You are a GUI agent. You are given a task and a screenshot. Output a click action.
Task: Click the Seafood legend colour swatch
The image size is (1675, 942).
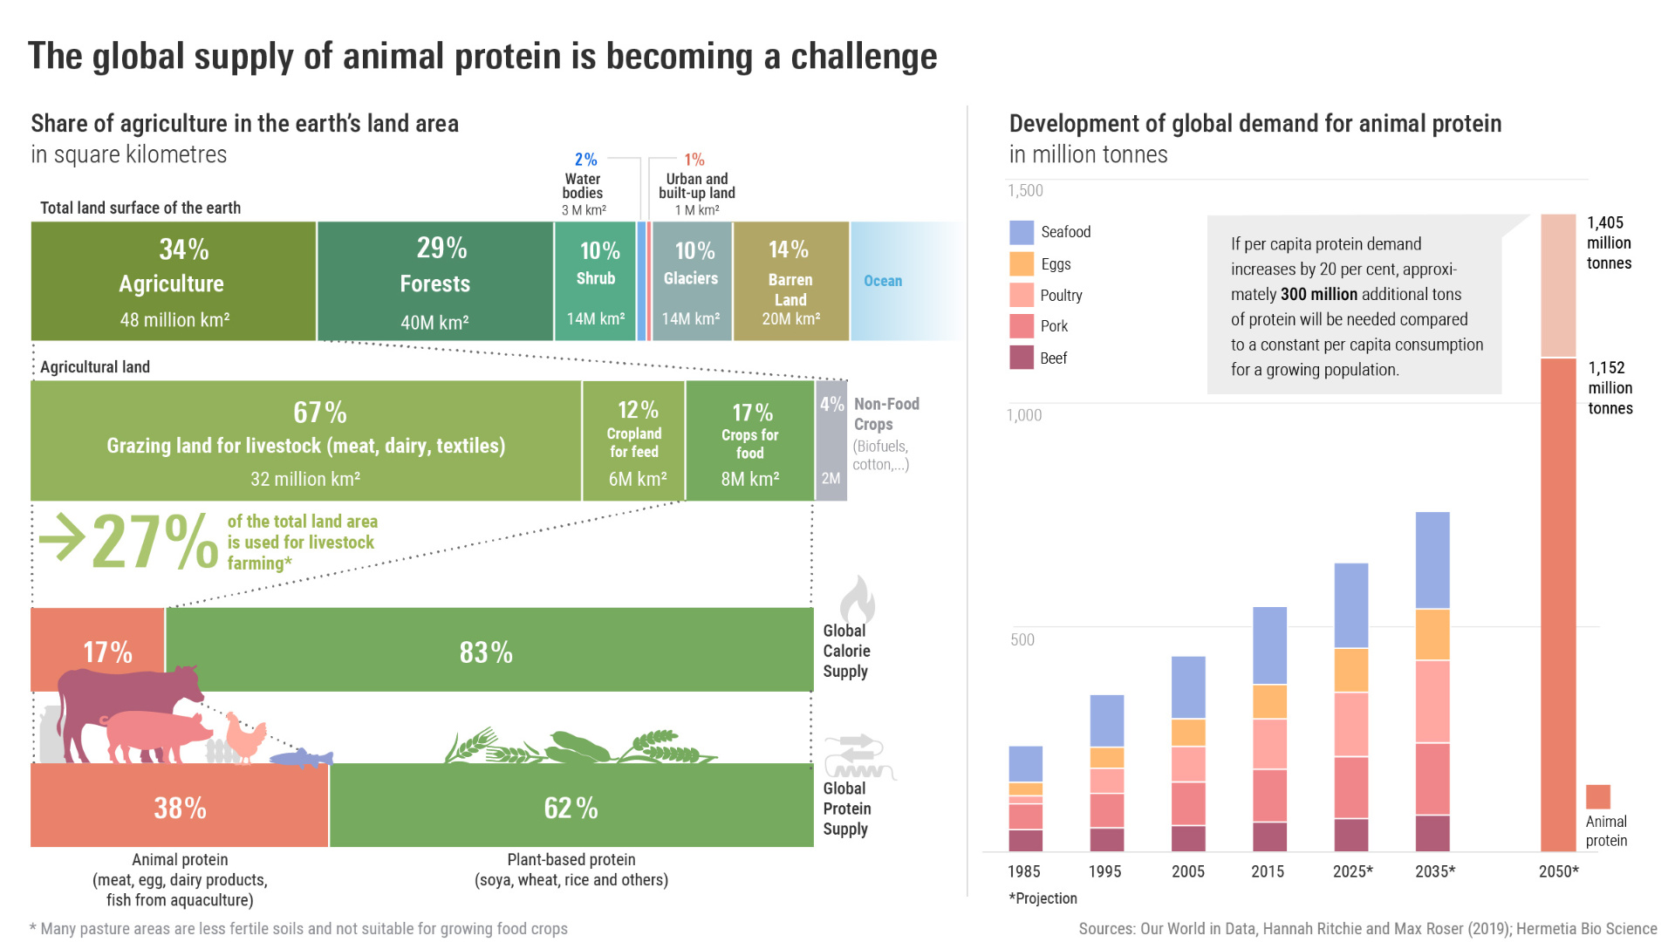pos(1022,232)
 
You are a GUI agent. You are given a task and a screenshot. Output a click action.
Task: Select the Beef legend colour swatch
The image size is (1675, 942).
pos(1022,358)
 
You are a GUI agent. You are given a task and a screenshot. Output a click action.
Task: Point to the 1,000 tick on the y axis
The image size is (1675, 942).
pos(1024,415)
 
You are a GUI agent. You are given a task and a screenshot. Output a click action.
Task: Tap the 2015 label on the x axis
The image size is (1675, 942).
pos(1268,871)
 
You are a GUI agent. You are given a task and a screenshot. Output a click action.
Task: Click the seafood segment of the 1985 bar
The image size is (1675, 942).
pos(1025,763)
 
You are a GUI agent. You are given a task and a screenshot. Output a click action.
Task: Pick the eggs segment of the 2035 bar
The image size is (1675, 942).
pos(1432,634)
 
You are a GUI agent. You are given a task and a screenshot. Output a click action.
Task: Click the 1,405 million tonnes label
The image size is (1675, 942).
pos(1609,242)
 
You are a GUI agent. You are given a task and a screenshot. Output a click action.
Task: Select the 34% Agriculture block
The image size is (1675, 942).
pos(173,281)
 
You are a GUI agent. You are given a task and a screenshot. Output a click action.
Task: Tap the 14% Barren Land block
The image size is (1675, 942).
pos(790,281)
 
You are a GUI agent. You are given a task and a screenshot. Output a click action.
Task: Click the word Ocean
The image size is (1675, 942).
pos(883,281)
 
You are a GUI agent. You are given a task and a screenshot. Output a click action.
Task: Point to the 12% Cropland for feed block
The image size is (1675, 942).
pos(634,440)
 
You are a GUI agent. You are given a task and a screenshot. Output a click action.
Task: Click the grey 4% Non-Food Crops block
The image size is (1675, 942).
pos(831,440)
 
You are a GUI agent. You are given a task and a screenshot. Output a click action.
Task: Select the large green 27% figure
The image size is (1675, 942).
pos(154,542)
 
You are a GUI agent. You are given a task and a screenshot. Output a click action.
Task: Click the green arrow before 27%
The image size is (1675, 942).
pos(61,537)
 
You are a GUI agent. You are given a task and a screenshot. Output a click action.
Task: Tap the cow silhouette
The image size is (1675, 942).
pos(131,693)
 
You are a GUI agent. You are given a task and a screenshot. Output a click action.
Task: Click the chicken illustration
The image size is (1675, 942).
pos(247,737)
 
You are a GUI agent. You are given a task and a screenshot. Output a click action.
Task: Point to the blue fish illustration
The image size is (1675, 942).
pos(302,757)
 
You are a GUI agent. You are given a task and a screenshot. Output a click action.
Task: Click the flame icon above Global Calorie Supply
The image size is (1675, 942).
pos(857,599)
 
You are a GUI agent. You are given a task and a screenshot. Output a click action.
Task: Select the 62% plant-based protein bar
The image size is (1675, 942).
pos(571,806)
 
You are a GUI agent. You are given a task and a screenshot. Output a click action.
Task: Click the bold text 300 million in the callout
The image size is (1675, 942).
pos(1318,295)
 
